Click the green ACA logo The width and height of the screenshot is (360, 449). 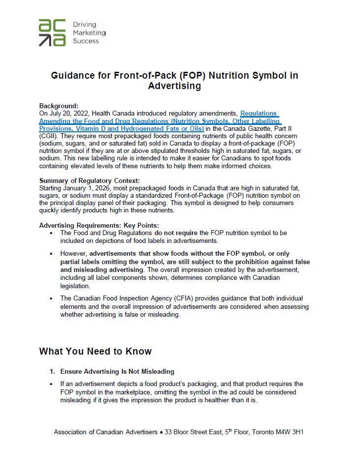click(52, 33)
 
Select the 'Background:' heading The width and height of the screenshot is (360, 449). click(59, 106)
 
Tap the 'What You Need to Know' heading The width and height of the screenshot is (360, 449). click(95, 351)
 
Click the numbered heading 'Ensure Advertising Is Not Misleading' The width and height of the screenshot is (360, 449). click(117, 371)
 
